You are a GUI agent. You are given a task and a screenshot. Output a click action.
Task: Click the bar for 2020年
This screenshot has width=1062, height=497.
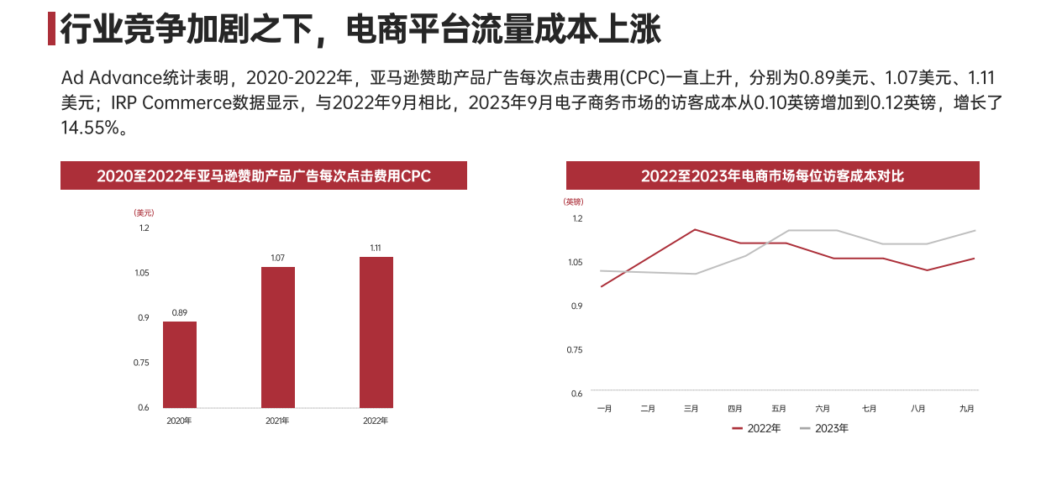point(180,364)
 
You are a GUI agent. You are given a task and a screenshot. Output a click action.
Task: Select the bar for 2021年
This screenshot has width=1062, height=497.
point(278,337)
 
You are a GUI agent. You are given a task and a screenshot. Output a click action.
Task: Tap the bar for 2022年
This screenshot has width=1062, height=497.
point(376,332)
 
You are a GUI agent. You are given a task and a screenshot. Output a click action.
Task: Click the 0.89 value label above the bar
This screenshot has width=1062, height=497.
point(180,312)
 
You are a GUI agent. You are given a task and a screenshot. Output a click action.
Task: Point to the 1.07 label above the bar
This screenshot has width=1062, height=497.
point(278,258)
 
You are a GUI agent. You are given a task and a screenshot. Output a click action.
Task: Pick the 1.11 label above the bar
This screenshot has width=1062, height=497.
point(376,248)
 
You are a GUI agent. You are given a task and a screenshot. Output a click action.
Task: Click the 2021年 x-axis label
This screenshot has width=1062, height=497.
point(277,421)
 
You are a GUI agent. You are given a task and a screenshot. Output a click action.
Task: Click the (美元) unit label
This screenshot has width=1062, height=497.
point(144,213)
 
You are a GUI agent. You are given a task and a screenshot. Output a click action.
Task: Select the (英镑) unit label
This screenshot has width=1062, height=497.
point(573,202)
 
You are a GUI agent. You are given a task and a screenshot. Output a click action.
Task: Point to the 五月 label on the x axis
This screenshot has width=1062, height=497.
point(779,409)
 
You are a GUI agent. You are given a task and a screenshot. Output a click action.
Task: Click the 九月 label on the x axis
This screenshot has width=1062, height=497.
point(967,409)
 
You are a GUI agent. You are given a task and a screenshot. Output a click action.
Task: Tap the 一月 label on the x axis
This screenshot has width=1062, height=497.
point(604,409)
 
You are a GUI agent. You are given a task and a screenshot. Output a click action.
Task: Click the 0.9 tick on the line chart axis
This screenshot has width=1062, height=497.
point(576,306)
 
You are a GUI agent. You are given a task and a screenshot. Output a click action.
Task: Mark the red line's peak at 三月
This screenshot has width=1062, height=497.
point(695,229)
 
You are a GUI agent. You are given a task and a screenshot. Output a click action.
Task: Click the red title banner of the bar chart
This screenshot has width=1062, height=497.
point(264,176)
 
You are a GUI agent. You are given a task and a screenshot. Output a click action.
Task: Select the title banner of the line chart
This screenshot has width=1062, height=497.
point(772,176)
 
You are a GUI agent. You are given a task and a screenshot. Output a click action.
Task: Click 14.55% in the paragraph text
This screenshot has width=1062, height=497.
point(92,128)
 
